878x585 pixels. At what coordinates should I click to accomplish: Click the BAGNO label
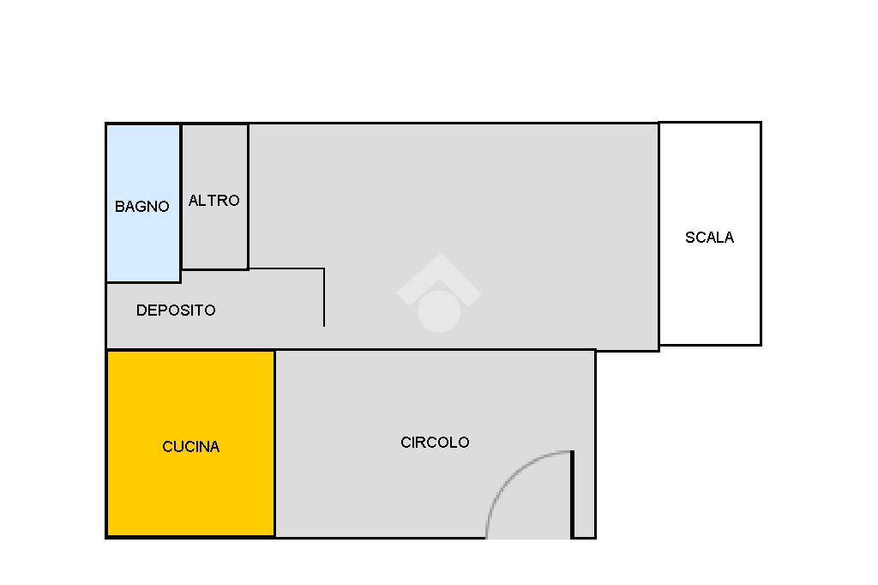tap(142, 207)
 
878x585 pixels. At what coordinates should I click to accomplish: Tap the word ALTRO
tap(213, 201)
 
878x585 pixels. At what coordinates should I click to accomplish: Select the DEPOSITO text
tap(176, 311)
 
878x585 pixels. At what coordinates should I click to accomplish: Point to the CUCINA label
tap(190, 447)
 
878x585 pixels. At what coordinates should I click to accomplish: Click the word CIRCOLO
tap(435, 443)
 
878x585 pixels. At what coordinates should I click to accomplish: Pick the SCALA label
tap(709, 238)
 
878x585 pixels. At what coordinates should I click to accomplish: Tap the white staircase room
tap(709, 292)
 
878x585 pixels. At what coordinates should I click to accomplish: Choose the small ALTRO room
tap(214, 240)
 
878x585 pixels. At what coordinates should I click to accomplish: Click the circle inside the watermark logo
tap(438, 310)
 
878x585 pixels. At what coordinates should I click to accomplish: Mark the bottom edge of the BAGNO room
tap(142, 281)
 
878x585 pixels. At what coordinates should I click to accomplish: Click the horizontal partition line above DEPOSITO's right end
tap(286, 268)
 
